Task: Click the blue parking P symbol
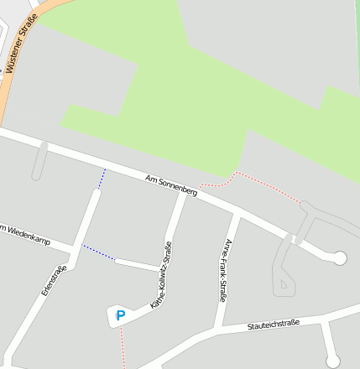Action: tap(120, 316)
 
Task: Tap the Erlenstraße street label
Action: tap(54, 280)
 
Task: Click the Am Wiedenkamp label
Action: tap(24, 233)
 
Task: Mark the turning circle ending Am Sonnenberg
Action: tap(339, 258)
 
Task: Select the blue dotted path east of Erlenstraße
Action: tap(98, 252)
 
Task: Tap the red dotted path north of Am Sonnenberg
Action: tap(264, 185)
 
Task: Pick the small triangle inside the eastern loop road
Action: tap(284, 284)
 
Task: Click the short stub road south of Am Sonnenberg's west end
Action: tap(39, 161)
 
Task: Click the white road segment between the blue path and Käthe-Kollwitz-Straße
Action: tap(137, 265)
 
